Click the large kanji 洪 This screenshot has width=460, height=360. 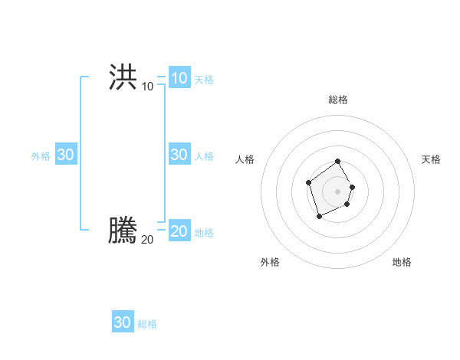[123, 77]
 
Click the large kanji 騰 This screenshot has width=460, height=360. [123, 231]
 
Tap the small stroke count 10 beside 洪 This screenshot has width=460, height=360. [147, 87]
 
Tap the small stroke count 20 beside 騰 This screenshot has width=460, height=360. [147, 240]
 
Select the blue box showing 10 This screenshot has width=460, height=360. [179, 77]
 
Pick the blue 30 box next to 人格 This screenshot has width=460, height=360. [179, 154]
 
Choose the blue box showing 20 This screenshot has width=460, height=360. [179, 231]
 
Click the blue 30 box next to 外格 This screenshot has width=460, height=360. [65, 154]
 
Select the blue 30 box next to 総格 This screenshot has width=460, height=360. [122, 322]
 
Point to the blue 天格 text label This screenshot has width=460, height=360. [204, 79]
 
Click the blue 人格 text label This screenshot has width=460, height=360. [204, 155]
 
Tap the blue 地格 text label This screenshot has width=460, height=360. [204, 232]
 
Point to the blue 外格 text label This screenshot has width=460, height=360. [41, 155]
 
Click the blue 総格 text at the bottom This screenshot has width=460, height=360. [147, 324]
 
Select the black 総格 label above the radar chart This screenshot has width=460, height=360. [338, 100]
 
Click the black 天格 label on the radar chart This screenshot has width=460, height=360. [431, 159]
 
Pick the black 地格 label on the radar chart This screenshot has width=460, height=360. [402, 262]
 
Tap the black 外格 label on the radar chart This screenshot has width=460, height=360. [270, 262]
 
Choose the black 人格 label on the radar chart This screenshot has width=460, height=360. [245, 159]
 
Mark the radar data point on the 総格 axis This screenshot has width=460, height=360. [338, 162]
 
